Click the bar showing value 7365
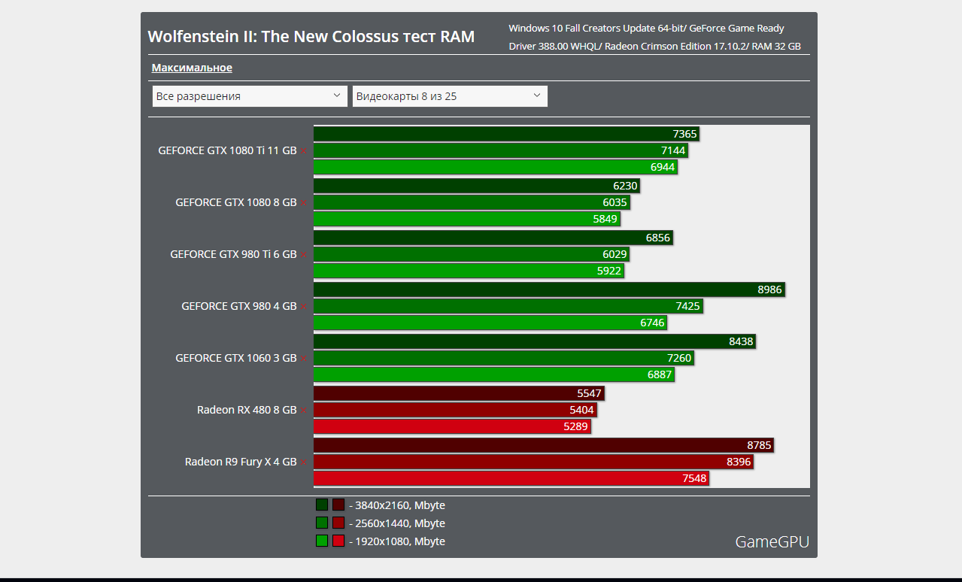pos(506,134)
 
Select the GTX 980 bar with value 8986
pos(549,289)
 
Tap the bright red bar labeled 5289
pos(452,426)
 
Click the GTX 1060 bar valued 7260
pos(503,358)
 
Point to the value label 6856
pos(657,238)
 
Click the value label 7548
pos(694,478)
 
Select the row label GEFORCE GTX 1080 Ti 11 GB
pos(227,150)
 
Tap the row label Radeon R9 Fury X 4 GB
pos(241,462)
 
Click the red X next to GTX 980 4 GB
pos(304,307)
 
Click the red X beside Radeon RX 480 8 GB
pos(304,411)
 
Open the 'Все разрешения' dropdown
pos(249,96)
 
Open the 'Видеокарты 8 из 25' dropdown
pos(449,96)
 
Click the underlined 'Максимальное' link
pos(192,68)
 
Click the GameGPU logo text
pos(772,541)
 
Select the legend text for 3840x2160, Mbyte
pos(396,505)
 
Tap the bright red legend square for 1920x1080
pos(338,541)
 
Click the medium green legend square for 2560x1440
pos(322,523)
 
